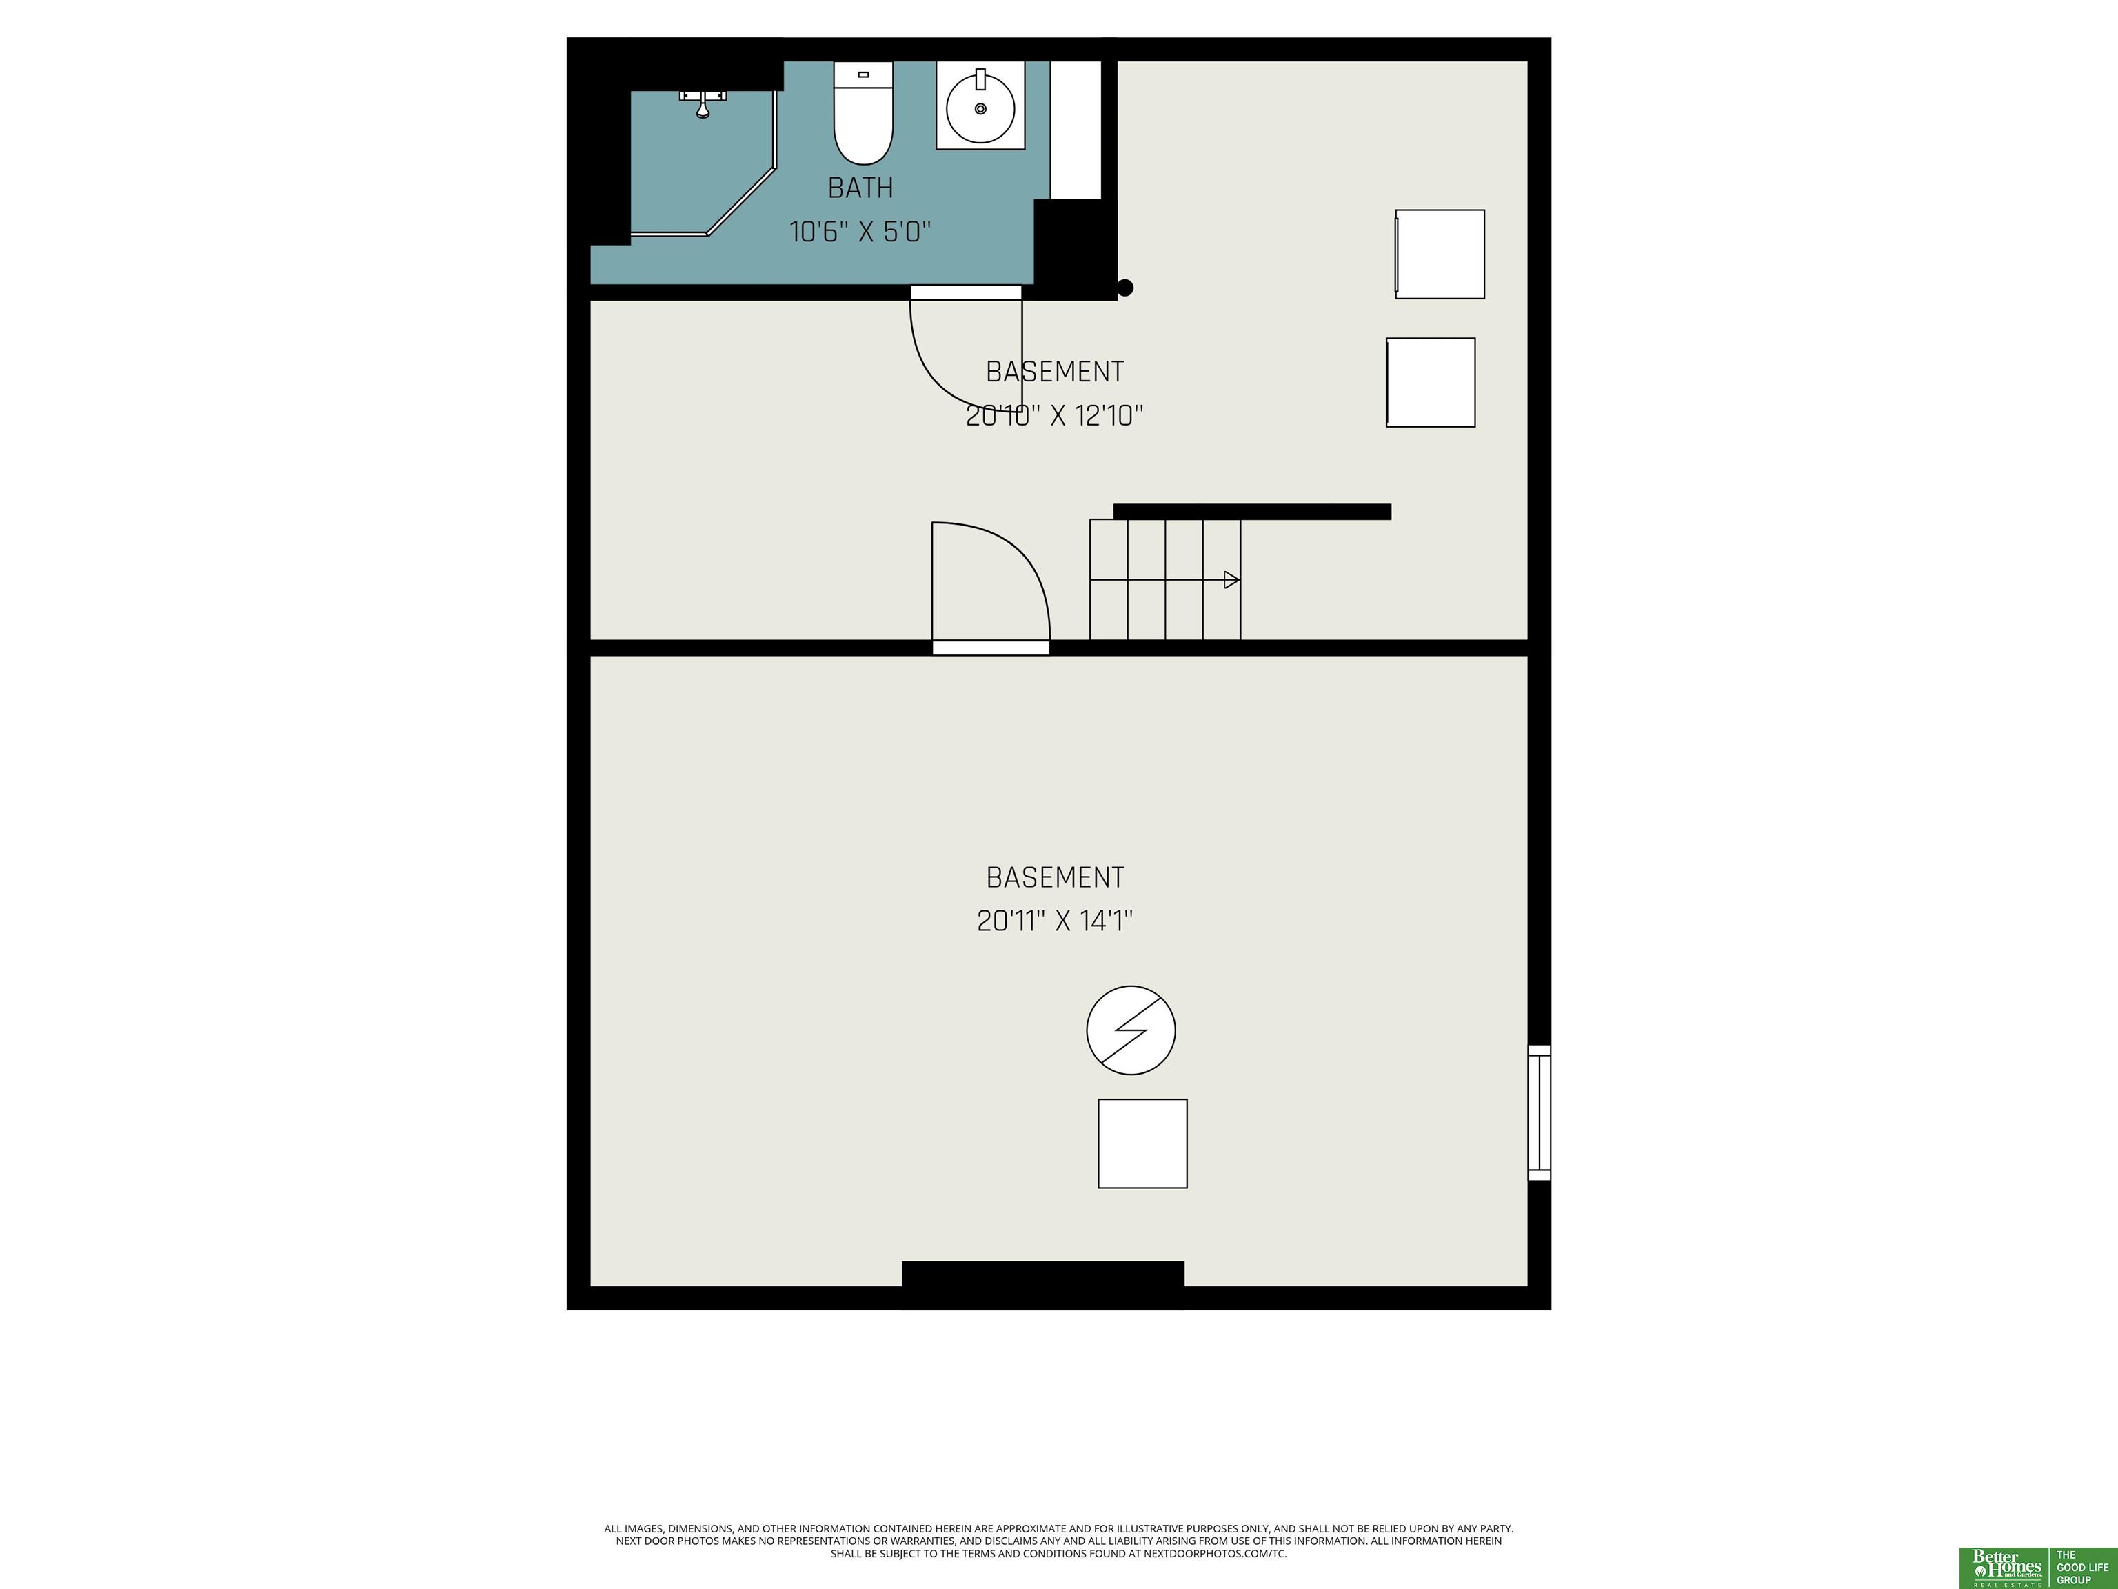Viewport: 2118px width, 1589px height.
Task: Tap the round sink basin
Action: click(x=980, y=108)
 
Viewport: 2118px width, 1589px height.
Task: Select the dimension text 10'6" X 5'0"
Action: click(x=860, y=232)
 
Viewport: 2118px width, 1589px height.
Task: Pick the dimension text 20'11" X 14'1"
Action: click(x=1054, y=921)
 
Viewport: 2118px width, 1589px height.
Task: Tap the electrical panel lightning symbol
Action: click(x=1131, y=1030)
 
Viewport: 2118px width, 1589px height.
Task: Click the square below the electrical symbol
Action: click(x=1142, y=1143)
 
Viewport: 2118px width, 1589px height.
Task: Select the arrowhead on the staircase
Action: click(x=1232, y=579)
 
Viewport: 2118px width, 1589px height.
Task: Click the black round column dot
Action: click(x=1126, y=288)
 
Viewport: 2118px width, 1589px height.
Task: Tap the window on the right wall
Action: click(x=1539, y=1112)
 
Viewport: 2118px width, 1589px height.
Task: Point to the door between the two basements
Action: click(x=991, y=648)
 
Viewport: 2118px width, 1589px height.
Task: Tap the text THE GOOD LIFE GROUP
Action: click(x=2083, y=1567)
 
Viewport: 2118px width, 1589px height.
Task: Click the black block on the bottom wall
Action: click(x=1042, y=1283)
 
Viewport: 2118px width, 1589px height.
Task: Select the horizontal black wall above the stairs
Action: click(x=1251, y=512)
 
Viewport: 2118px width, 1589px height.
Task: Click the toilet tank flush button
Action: click(x=863, y=74)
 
